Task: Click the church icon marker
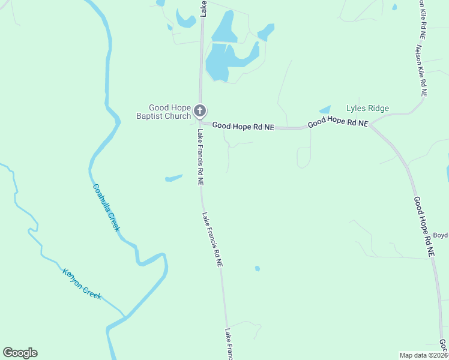[x=200, y=111]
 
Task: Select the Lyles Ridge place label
[x=367, y=109]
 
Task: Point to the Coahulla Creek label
[x=106, y=207]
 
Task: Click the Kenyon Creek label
[x=82, y=284]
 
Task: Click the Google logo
[x=20, y=353]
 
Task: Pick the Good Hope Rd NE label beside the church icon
[x=243, y=127]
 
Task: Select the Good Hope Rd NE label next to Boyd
[x=424, y=227]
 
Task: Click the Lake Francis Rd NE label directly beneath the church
[x=200, y=156]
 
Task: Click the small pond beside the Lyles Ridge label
[x=325, y=110]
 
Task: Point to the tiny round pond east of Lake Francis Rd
[x=258, y=268]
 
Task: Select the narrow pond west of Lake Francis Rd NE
[x=173, y=178]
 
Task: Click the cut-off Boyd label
[x=441, y=235]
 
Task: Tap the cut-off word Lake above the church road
[x=204, y=7]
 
